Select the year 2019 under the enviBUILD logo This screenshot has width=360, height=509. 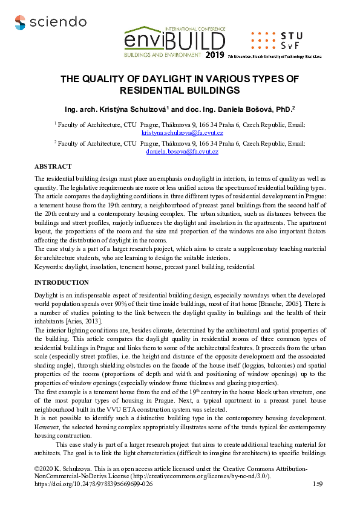point(214,56)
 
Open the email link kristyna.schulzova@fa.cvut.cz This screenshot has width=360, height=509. point(182,132)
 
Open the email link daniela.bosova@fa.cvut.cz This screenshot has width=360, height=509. point(182,151)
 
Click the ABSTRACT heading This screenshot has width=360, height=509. point(53,166)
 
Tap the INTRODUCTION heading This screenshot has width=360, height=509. point(62,282)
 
